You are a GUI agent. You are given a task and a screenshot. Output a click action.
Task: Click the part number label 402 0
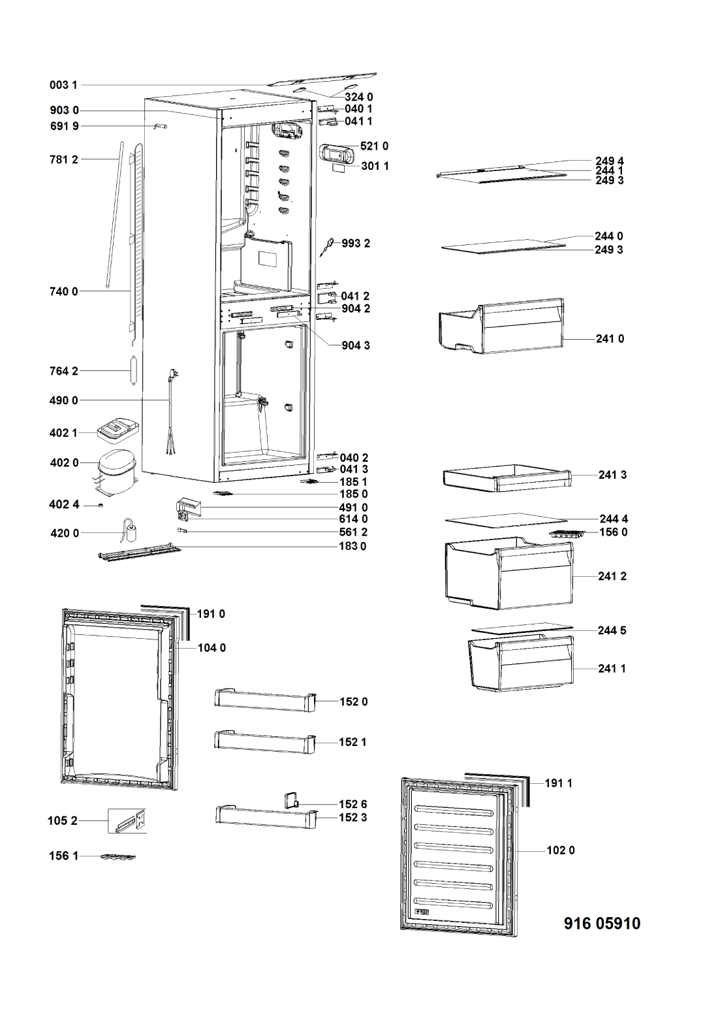(x=64, y=463)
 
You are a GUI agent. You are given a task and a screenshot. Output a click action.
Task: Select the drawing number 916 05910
(x=601, y=923)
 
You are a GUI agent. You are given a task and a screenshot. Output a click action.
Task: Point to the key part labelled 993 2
(x=329, y=246)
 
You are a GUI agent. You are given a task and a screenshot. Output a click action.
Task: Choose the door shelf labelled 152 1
(x=265, y=741)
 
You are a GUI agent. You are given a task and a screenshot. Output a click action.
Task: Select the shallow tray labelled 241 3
(x=506, y=478)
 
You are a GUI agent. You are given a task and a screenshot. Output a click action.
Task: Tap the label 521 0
(x=374, y=146)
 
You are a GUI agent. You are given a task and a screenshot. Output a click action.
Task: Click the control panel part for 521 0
(x=337, y=154)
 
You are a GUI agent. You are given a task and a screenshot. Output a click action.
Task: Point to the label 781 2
(x=64, y=159)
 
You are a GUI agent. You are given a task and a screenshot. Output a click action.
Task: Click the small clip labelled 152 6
(x=290, y=799)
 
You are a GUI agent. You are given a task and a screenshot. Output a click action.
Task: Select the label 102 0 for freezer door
(x=561, y=850)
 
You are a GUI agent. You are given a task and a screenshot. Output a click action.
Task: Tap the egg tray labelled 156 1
(x=117, y=856)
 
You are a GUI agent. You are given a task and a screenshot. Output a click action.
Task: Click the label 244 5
(x=612, y=630)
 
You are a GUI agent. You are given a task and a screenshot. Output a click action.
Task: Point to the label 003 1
(x=64, y=85)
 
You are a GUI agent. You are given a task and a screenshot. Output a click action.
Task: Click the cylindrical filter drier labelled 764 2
(x=134, y=371)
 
